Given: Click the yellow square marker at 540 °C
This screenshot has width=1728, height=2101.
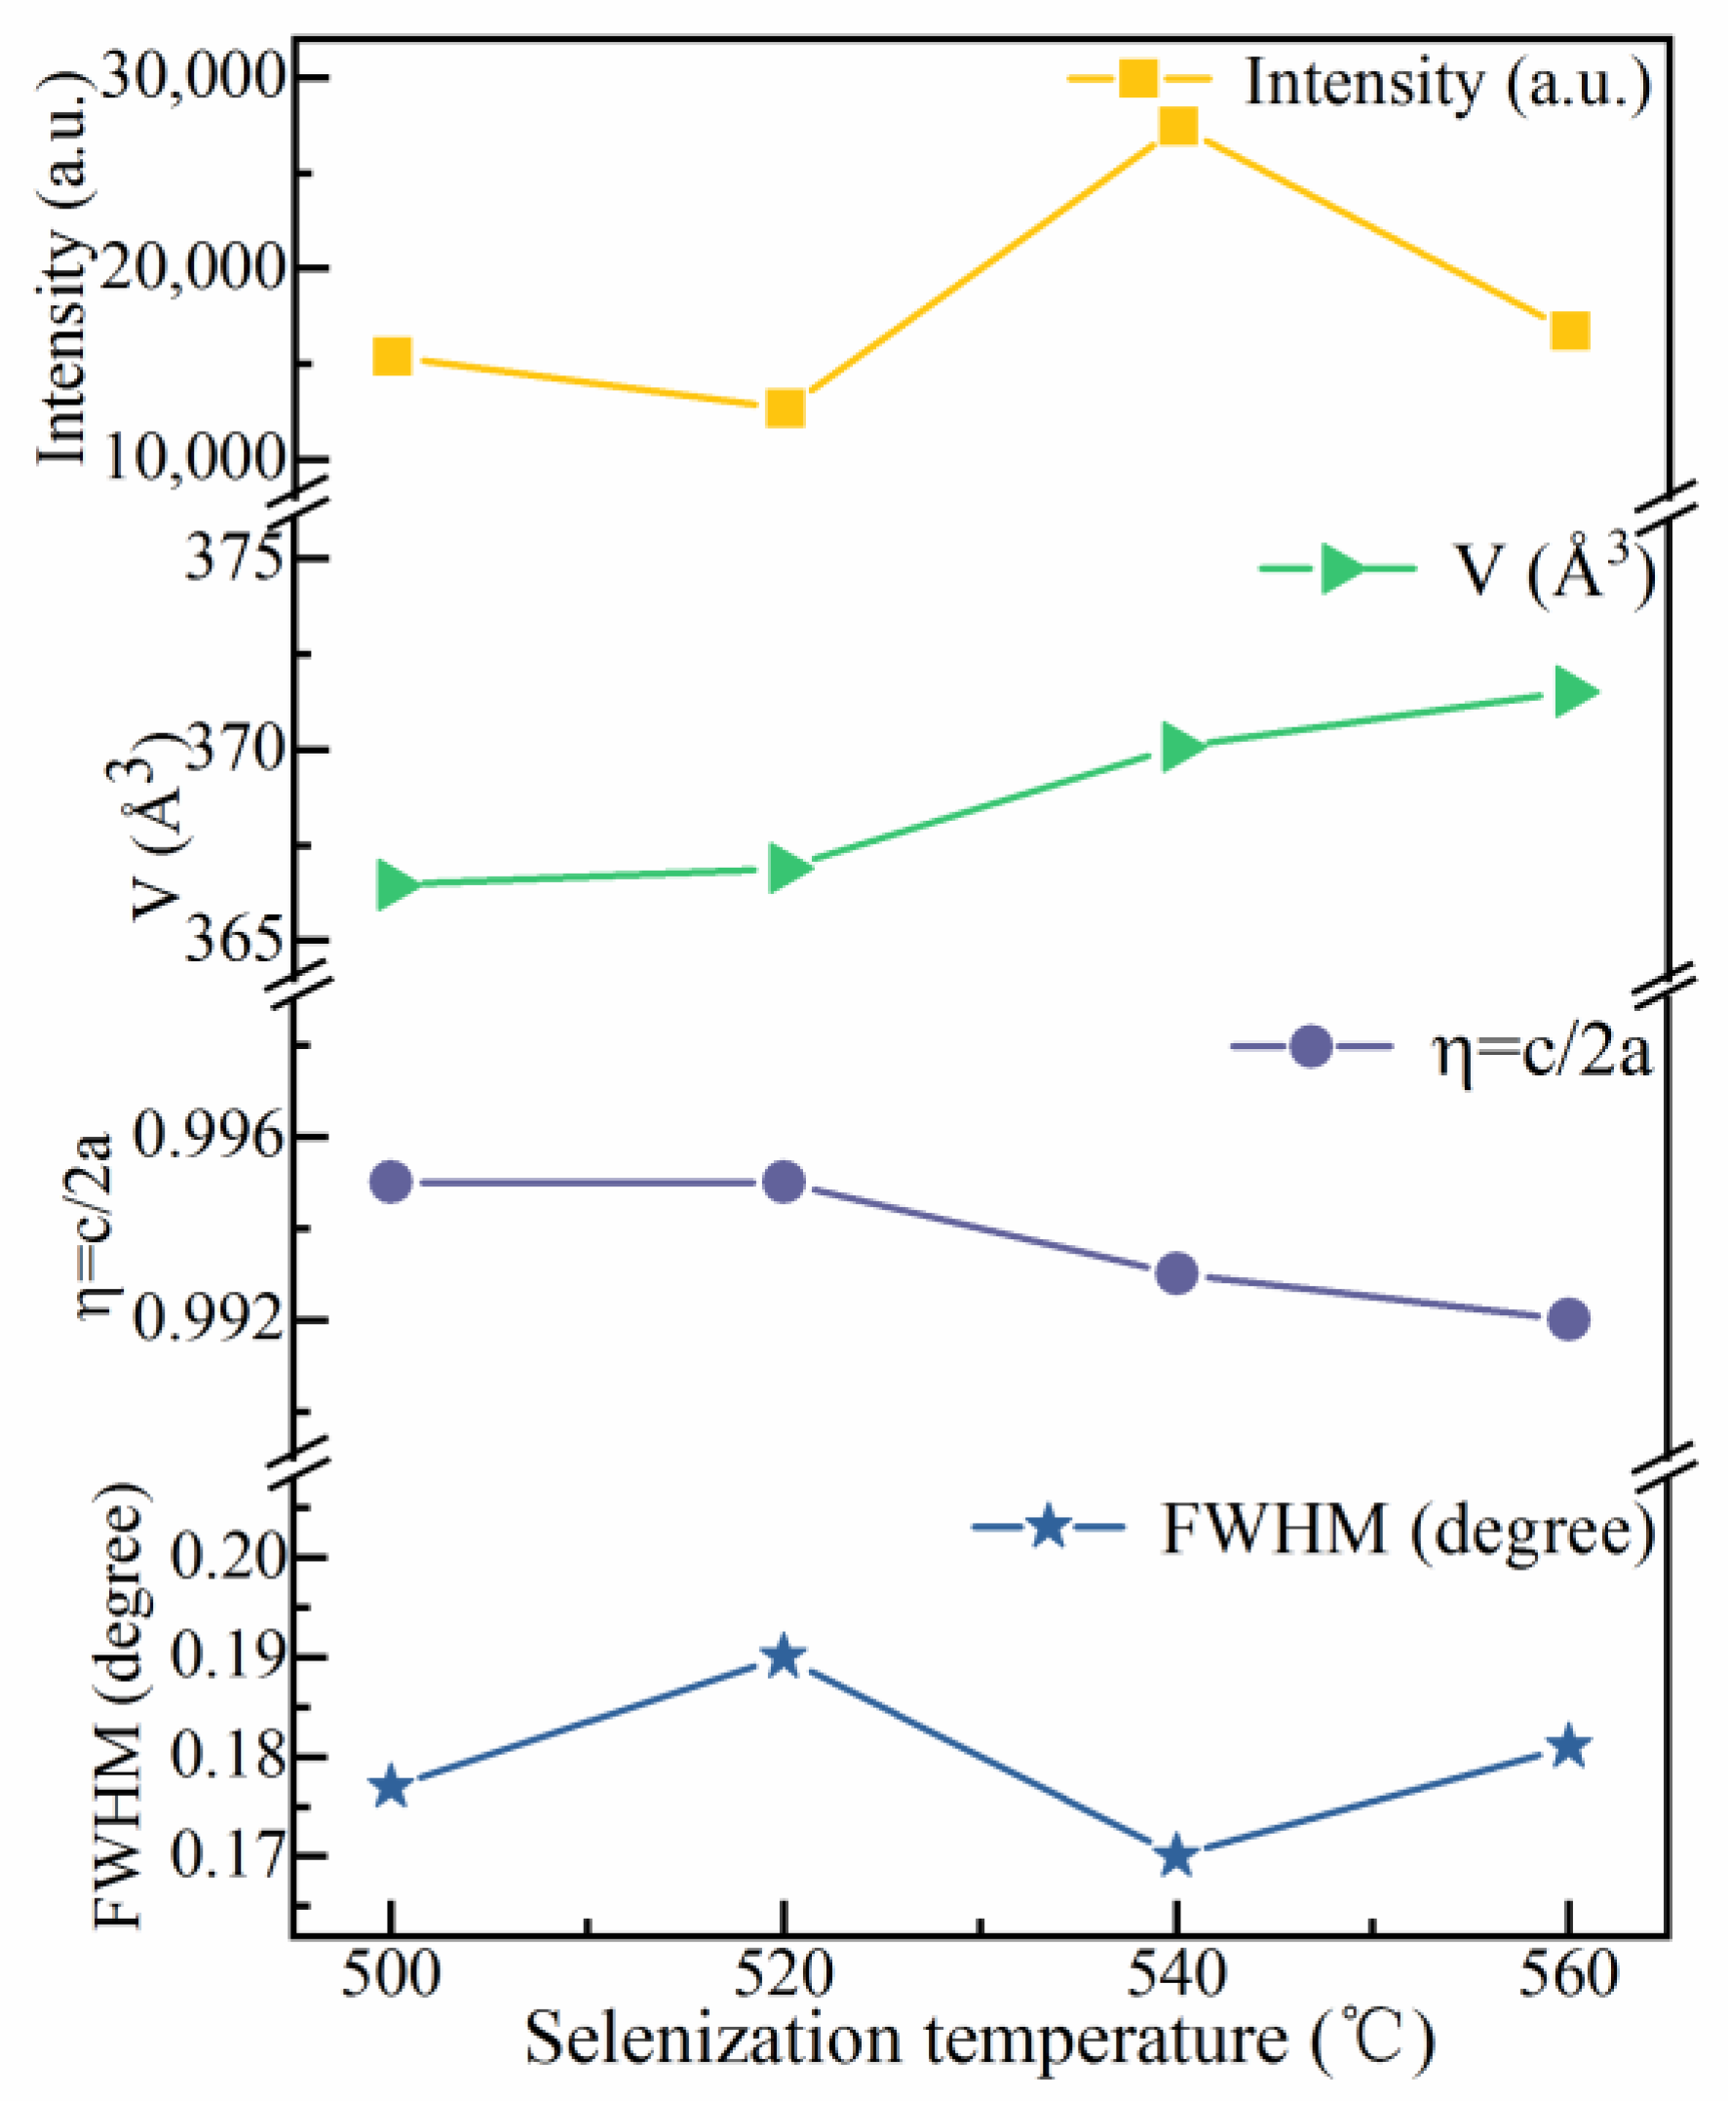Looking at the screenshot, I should click(1176, 127).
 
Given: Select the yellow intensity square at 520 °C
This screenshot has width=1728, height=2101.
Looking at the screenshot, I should click(786, 409).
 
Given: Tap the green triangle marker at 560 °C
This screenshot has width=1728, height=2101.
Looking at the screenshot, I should click(1573, 692).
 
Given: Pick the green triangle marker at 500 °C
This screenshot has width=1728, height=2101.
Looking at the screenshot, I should click(394, 884).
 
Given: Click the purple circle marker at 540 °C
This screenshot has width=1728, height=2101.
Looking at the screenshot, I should click(1176, 1272).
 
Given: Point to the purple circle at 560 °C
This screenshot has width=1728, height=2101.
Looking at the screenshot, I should click(1569, 1319).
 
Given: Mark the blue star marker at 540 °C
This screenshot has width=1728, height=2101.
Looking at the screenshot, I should click(1176, 1856).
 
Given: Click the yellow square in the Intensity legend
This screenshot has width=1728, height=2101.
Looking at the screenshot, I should click(1137, 78).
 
